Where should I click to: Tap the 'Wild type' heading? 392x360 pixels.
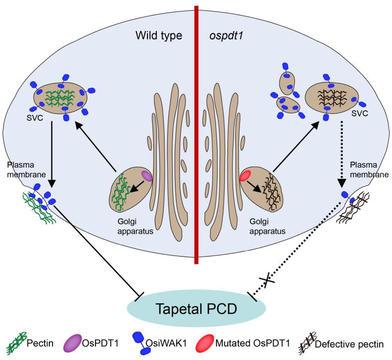point(158,36)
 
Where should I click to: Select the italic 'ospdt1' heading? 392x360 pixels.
point(222,36)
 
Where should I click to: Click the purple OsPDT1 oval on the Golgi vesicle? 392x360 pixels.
point(147,177)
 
